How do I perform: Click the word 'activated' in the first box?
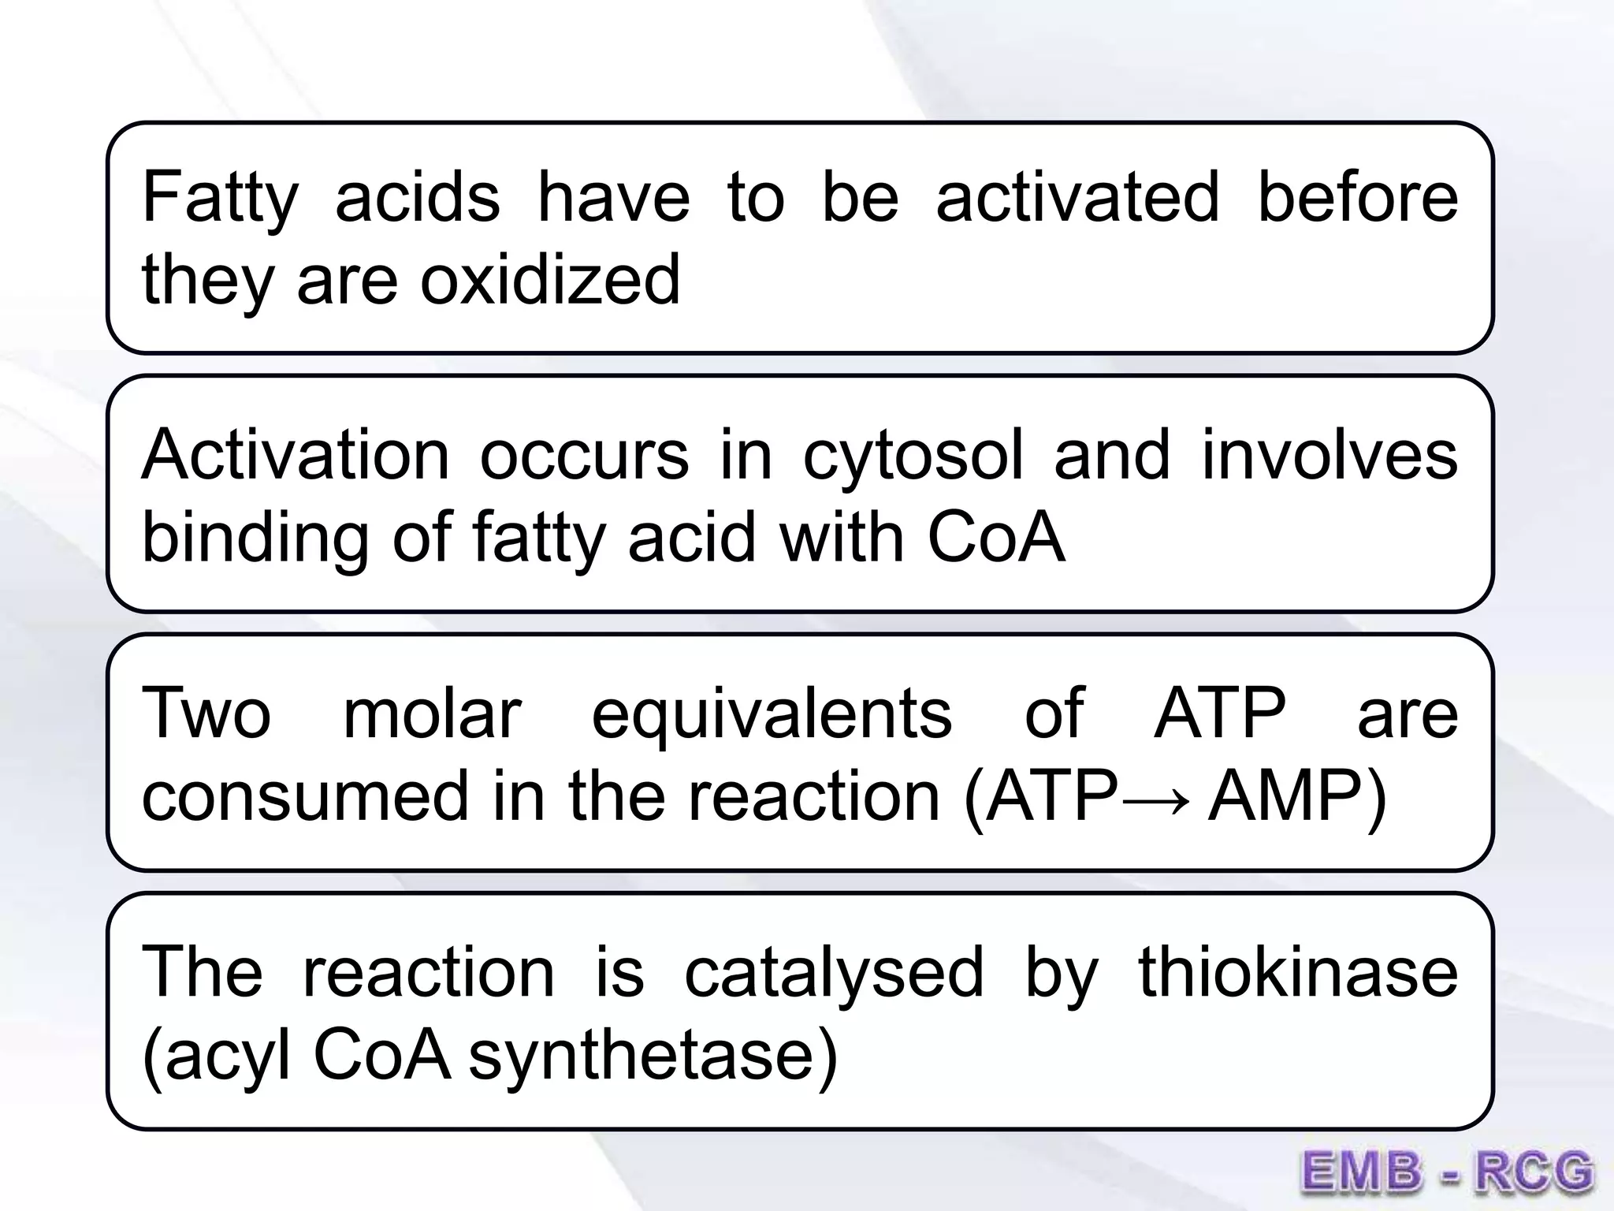[1077, 197]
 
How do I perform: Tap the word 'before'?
[1357, 197]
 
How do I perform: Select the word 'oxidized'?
[549, 279]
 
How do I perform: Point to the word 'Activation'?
[295, 455]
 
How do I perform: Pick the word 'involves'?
[1330, 455]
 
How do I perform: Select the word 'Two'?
[206, 713]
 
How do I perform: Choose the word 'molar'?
[433, 713]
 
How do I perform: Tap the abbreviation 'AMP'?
[1284, 796]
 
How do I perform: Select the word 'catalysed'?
[834, 973]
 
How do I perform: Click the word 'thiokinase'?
[1298, 971]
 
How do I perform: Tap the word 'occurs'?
[584, 456]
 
